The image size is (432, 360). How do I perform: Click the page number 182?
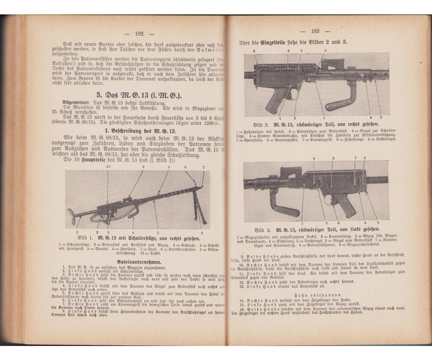click(139, 34)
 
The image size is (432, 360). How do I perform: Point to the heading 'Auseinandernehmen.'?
click(140, 262)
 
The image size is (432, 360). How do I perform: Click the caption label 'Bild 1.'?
click(86, 238)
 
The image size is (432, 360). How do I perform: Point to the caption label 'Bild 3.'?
click(264, 229)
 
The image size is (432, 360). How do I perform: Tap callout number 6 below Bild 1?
click(202, 233)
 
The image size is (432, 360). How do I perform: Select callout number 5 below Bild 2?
click(381, 117)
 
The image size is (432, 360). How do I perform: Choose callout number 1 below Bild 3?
click(302, 224)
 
